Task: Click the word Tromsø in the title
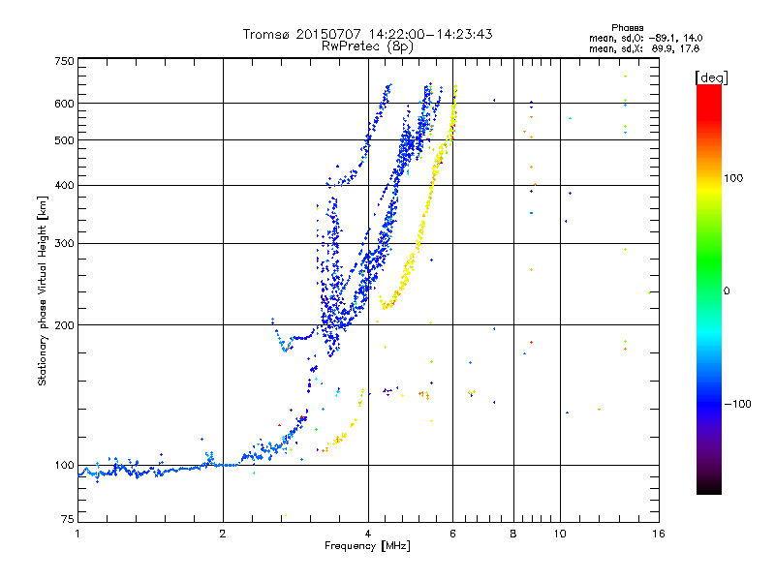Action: [267, 34]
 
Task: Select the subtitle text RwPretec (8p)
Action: [367, 46]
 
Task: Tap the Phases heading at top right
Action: [627, 28]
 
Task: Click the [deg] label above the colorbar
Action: [711, 77]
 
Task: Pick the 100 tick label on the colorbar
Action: [733, 178]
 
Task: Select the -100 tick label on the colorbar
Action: [737, 404]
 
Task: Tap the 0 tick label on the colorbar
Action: [727, 291]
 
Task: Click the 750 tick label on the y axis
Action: [64, 61]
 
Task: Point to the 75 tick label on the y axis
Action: [67, 519]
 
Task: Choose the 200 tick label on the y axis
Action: [64, 325]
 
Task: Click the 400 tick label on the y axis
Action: [64, 185]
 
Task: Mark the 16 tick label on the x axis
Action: [659, 534]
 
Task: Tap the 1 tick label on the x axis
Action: [77, 534]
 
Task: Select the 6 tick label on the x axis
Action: [452, 534]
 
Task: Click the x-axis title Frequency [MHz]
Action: [367, 546]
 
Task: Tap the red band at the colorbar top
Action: [709, 99]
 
